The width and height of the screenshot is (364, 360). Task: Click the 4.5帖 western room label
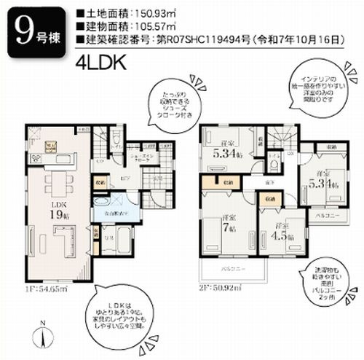(x=277, y=233)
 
